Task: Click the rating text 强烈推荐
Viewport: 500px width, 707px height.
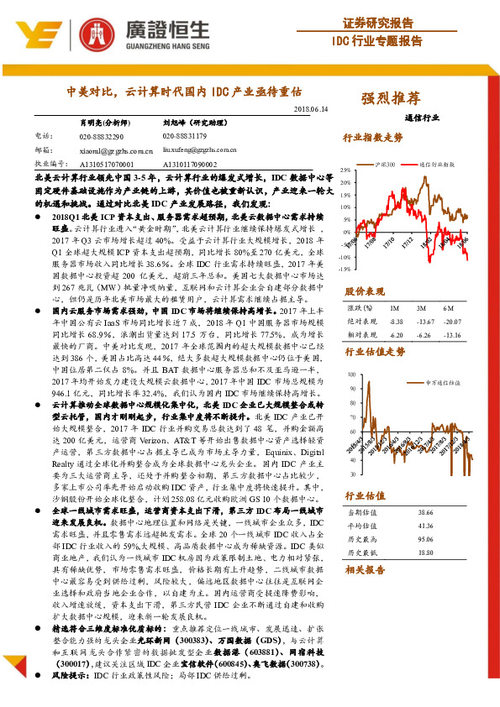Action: click(x=390, y=97)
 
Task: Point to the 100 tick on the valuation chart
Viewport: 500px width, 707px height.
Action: click(x=350, y=375)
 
